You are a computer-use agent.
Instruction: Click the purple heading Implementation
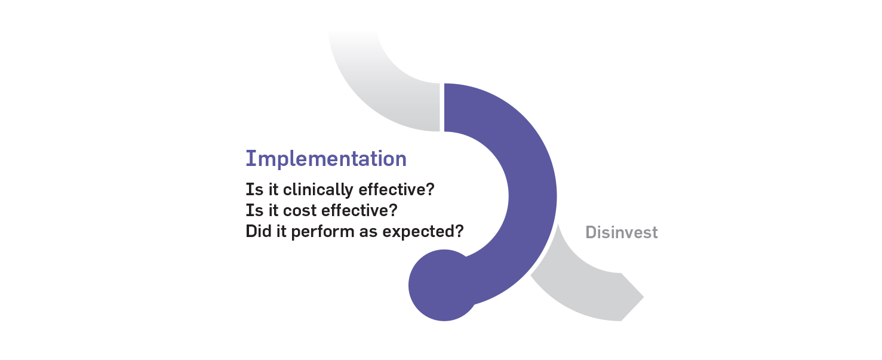click(326, 159)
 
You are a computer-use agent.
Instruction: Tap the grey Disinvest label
click(621, 232)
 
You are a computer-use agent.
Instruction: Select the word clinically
click(318, 190)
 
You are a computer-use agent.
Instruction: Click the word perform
click(323, 232)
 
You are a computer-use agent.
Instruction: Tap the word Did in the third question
click(259, 231)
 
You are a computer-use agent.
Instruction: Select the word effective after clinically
click(392, 189)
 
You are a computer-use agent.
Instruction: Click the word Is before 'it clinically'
click(254, 189)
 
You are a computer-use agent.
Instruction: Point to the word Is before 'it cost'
click(254, 210)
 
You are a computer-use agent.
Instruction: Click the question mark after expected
click(459, 231)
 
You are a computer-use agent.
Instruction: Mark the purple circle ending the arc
click(444, 285)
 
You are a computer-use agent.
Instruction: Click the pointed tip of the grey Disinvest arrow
click(644, 297)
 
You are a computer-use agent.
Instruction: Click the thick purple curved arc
click(532, 197)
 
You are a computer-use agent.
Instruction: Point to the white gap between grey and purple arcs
click(442, 107)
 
